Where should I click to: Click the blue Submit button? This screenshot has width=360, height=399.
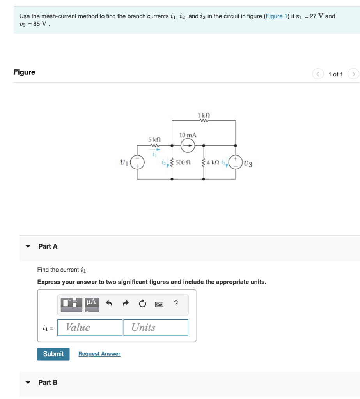tap(53, 354)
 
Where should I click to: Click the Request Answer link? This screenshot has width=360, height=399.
tap(99, 354)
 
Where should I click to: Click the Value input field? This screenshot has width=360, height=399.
tap(90, 327)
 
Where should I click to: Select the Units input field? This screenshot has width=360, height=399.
tap(156, 327)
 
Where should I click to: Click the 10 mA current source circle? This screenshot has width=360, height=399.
tap(188, 146)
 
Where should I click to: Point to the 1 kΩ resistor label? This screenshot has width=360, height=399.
tap(204, 115)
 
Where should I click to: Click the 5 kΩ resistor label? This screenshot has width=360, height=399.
tap(154, 139)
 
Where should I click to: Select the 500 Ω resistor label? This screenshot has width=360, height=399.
tap(183, 162)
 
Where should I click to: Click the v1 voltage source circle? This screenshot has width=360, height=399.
tap(137, 162)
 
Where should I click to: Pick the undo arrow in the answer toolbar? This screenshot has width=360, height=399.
tap(109, 304)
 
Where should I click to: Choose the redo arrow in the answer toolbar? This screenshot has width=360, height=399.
tap(126, 304)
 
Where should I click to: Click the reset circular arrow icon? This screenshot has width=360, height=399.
tap(142, 304)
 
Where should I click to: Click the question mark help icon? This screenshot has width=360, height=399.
tap(176, 304)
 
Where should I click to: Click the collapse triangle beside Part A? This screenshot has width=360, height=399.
tap(28, 247)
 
